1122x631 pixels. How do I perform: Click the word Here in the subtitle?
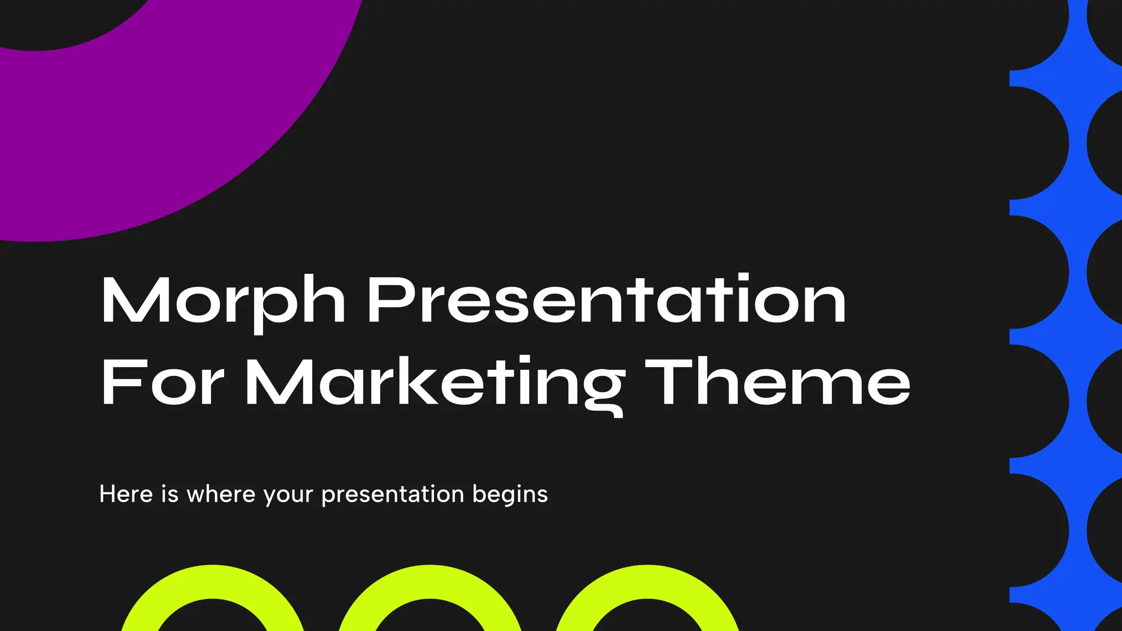pyautogui.click(x=126, y=494)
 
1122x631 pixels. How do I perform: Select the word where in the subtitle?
pyautogui.click(x=221, y=494)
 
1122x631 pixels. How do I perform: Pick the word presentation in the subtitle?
pyautogui.click(x=392, y=495)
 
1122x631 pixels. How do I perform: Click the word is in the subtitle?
pyautogui.click(x=170, y=494)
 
